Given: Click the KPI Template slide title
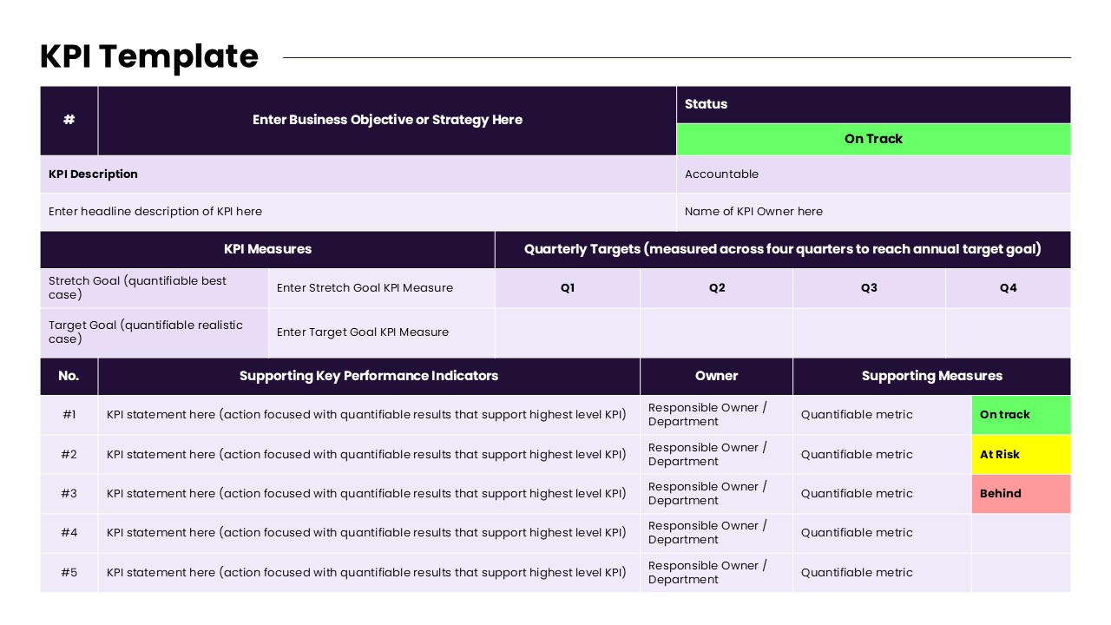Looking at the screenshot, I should (x=149, y=56).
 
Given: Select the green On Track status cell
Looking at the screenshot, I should (x=873, y=139).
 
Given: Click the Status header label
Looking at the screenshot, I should (x=706, y=104).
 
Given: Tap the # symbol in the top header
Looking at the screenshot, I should (x=69, y=120).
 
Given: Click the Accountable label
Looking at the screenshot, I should (x=721, y=174).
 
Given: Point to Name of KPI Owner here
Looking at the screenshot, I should (x=753, y=212).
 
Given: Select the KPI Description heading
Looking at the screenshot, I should (x=93, y=174).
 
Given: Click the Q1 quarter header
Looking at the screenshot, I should (x=568, y=288).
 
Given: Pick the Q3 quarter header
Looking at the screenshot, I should (x=869, y=288).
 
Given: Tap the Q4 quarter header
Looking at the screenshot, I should (x=1008, y=288).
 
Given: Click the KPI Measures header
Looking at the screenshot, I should (x=267, y=249).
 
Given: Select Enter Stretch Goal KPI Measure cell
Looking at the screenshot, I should (x=365, y=288).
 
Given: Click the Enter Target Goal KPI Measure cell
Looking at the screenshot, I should (x=363, y=332).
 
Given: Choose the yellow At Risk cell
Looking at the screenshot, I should (x=1021, y=454).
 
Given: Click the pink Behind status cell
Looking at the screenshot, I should (x=1021, y=493).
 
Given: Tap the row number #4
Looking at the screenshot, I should (x=69, y=533).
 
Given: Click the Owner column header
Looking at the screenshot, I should (x=716, y=376).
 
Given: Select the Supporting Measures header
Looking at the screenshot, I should (x=931, y=376).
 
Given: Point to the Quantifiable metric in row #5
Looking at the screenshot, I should (x=857, y=573).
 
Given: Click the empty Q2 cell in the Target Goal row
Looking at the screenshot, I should (x=717, y=332).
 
